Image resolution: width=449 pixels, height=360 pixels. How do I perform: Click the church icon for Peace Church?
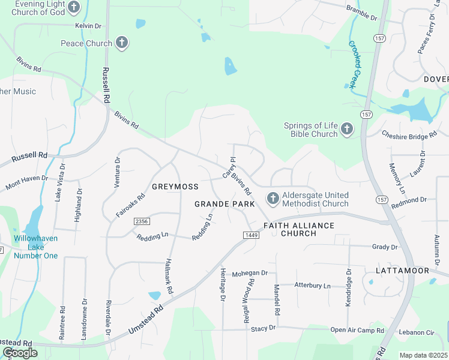(122, 43)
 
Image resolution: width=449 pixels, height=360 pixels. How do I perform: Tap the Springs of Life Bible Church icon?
(346, 128)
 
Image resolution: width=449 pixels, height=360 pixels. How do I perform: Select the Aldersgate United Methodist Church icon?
(273, 198)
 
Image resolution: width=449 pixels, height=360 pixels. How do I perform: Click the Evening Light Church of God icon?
(74, 7)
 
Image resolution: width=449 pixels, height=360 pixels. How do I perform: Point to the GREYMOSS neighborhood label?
(175, 187)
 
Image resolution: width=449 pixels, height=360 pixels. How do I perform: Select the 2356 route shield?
(142, 221)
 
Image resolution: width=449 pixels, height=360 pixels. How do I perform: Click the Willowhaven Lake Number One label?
(36, 247)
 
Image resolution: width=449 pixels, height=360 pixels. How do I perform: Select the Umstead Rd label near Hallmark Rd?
(146, 321)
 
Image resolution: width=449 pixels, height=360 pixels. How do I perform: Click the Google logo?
(20, 353)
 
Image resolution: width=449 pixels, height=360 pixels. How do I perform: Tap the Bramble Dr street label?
(361, 13)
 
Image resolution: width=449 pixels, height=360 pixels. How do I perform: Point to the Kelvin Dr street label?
(89, 26)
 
